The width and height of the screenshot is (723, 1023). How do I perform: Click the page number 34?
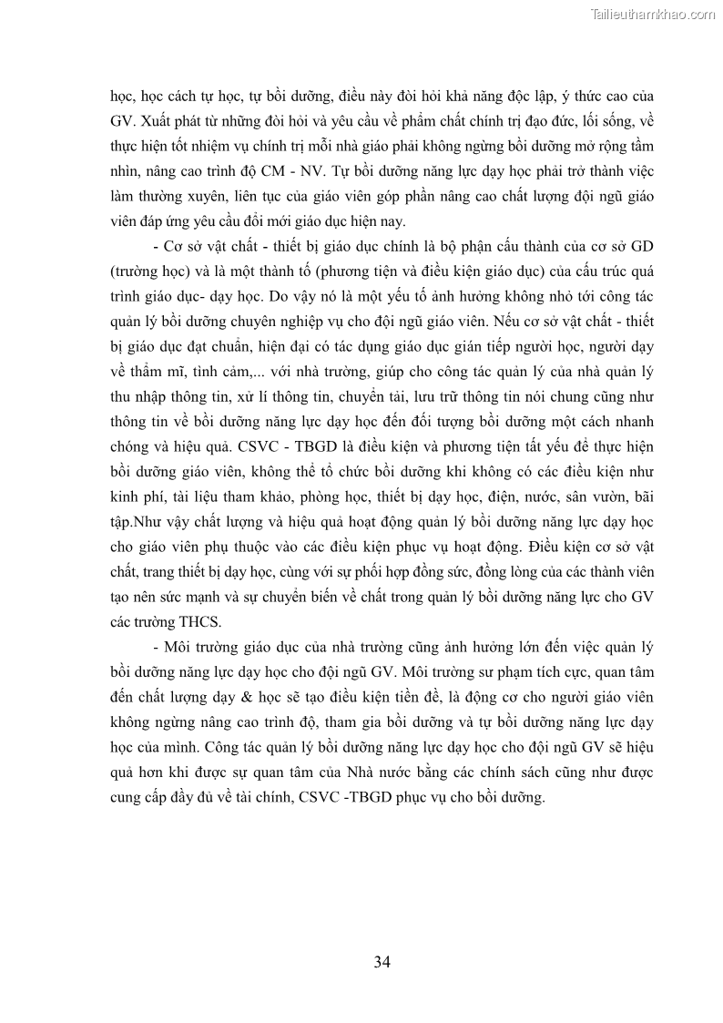pyautogui.click(x=382, y=962)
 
